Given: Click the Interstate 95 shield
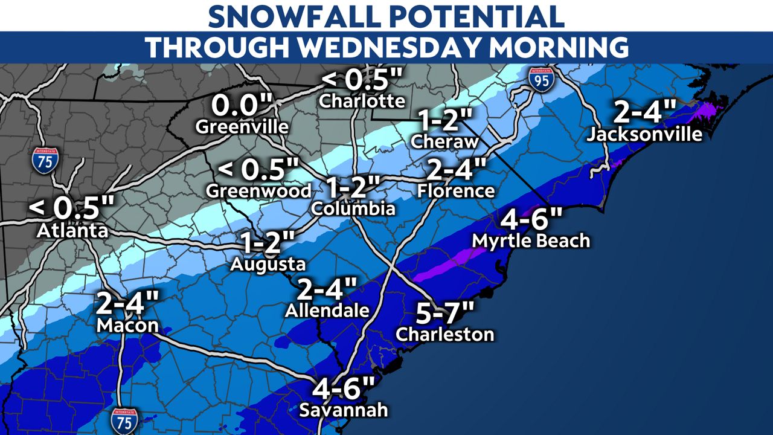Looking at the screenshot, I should point(542,80).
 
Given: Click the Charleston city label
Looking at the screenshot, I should point(445,334).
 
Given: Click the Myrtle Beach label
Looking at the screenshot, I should point(531,240).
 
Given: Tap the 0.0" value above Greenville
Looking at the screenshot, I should point(242,106).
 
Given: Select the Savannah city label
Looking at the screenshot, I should point(344,410).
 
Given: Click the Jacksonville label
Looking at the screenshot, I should point(645,134).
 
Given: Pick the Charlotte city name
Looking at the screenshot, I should point(362,100).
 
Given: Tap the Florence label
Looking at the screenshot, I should point(456,191).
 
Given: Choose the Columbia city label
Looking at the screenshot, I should point(353,209).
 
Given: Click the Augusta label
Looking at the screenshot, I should point(268,265).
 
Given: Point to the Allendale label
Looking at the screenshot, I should point(327,311).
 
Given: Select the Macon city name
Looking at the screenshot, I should point(127,326).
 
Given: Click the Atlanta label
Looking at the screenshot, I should point(72,230).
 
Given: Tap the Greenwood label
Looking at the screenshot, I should point(258,191).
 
